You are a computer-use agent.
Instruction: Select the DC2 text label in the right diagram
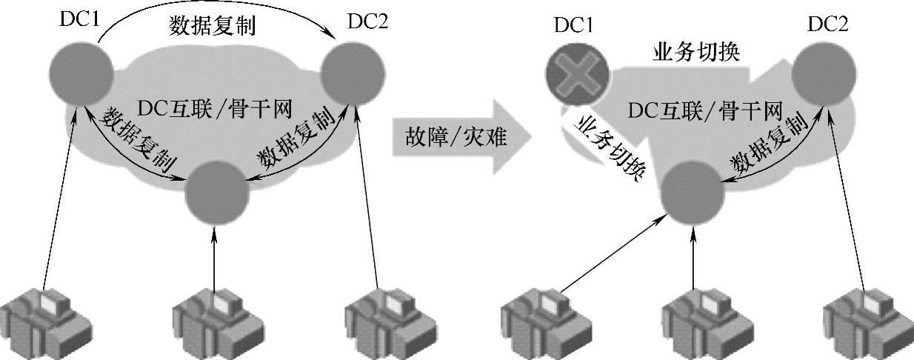point(827,25)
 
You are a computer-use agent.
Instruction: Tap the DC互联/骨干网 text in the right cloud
point(704,111)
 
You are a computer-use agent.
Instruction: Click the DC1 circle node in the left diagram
point(81,73)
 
